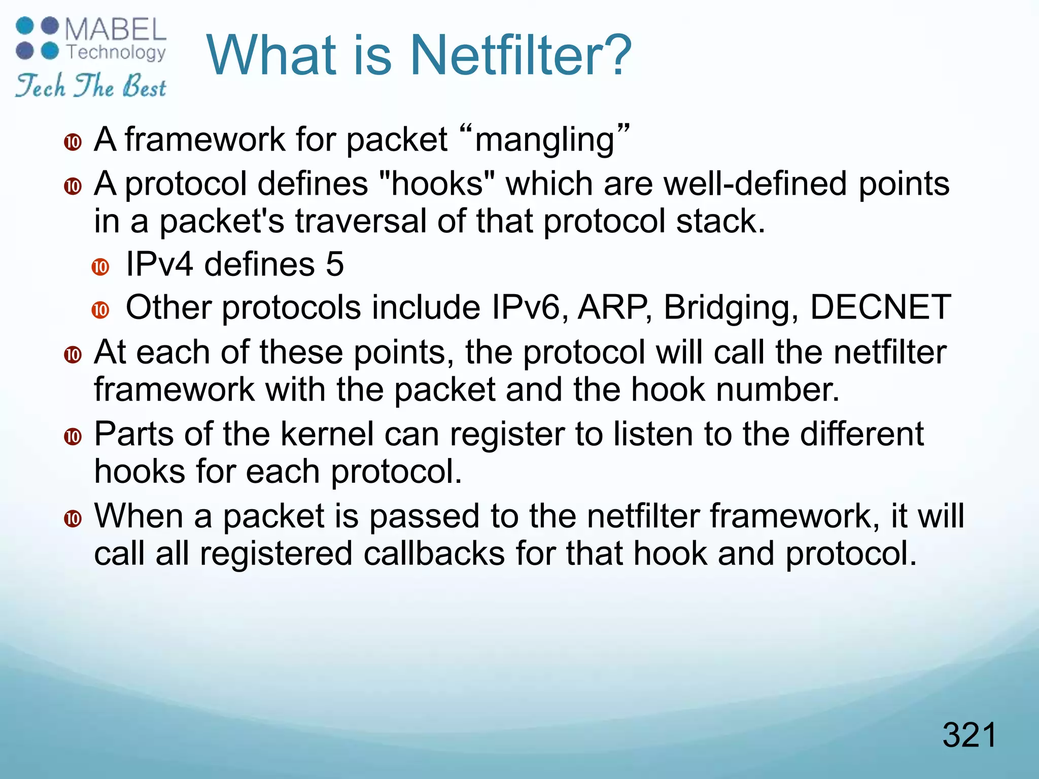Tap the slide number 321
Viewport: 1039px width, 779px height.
pos(969,735)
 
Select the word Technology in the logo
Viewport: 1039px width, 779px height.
pos(116,52)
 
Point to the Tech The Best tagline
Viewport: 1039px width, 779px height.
pos(90,85)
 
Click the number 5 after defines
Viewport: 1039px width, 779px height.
pos(335,264)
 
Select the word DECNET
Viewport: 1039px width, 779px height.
pos(880,307)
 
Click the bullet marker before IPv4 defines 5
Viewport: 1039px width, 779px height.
pos(100,266)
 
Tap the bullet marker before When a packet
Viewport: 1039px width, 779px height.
pos(73,518)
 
